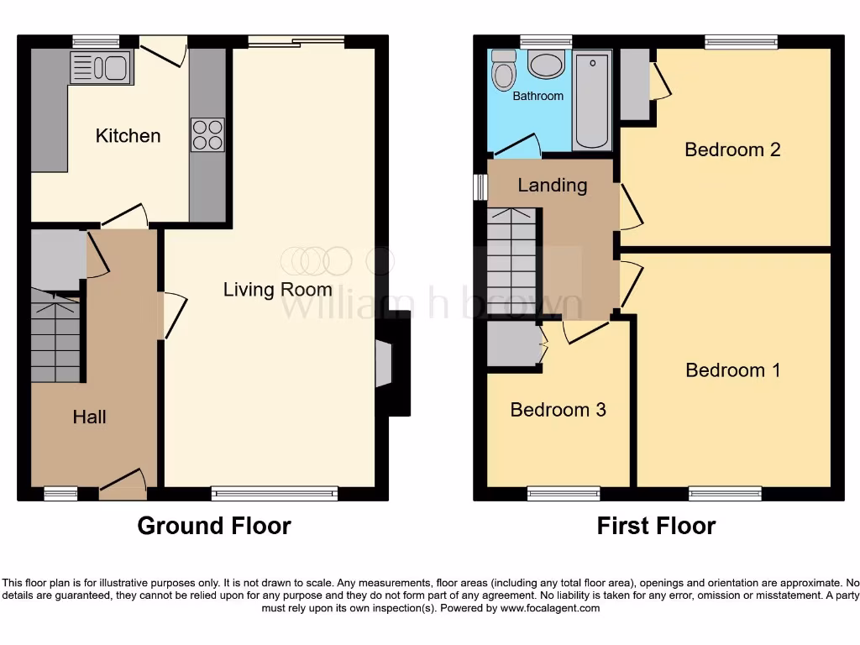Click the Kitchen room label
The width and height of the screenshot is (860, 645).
[128, 135]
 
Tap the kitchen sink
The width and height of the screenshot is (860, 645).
[101, 67]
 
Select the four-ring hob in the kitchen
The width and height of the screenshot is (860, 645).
[207, 135]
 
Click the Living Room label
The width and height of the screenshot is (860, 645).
[277, 290]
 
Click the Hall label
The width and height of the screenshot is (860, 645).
[89, 417]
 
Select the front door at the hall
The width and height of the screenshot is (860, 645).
[122, 485]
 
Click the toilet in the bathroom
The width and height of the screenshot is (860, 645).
[503, 71]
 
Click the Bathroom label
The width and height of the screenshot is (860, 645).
[537, 96]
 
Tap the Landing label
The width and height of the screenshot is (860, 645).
[552, 185]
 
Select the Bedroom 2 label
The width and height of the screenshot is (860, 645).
[732, 149]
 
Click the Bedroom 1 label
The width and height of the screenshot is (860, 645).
[732, 370]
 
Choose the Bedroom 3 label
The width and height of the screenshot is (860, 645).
[558, 410]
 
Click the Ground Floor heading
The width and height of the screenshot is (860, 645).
[214, 527]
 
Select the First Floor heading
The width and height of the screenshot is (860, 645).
[656, 527]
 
